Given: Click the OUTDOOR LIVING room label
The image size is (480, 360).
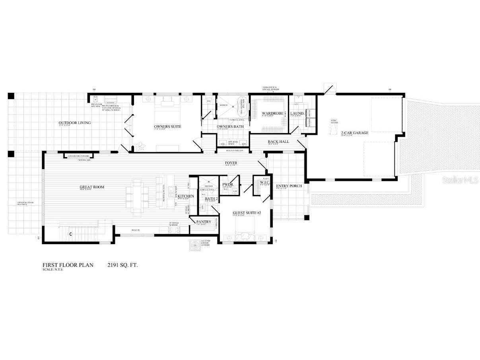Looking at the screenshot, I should tap(75, 123).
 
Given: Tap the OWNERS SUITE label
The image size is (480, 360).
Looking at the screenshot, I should tap(167, 126).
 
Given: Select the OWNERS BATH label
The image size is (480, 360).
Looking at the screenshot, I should tap(227, 126).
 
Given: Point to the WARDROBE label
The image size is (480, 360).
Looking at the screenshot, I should tap(272, 114).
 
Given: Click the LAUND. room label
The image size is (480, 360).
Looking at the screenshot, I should tap(297, 114).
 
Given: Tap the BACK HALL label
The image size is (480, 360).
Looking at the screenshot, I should tap(278, 142).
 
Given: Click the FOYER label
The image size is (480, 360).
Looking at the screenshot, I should tap(231, 163).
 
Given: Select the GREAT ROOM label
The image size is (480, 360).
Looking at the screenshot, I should tap(92, 187).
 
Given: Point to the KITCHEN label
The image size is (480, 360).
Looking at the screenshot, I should tap(185, 197).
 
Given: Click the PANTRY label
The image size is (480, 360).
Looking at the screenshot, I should tap(203, 222).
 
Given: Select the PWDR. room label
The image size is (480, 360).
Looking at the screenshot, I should tap(227, 185).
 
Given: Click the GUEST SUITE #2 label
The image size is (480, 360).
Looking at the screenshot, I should tap(247, 213).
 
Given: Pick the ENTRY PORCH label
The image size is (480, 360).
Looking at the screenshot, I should tap(289, 186).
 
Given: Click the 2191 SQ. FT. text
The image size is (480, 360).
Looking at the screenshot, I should tap(122, 265).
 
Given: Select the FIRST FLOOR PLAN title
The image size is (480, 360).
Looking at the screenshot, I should tap(68, 265).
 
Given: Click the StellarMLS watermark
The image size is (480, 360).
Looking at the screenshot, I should tap(460, 180).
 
